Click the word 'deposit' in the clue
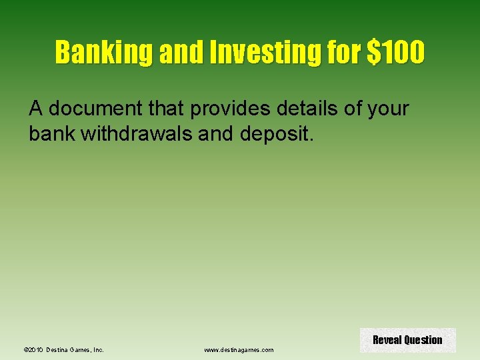point(273,134)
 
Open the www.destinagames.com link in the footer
point(239,349)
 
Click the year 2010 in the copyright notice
point(37,349)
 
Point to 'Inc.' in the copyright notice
point(97,349)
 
